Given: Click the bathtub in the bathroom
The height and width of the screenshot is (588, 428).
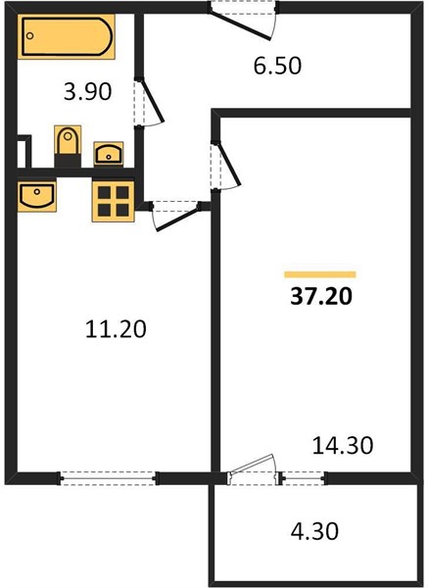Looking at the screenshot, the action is (x=66, y=37).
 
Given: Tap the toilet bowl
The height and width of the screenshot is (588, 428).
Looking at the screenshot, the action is (x=68, y=140).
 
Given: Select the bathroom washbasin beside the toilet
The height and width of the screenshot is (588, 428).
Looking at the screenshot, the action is (x=109, y=153).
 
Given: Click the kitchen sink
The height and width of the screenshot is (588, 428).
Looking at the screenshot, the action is (x=37, y=196).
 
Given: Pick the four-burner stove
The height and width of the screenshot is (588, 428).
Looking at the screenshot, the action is (x=114, y=201).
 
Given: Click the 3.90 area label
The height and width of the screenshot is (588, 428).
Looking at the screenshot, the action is (x=88, y=91).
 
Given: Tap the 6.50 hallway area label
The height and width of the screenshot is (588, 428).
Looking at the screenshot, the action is (x=277, y=66).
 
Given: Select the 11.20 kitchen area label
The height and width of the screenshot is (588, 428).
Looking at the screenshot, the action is (x=116, y=329).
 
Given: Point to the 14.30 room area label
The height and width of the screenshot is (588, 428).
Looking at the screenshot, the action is (x=343, y=445).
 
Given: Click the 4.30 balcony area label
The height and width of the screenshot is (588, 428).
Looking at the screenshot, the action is (x=314, y=531).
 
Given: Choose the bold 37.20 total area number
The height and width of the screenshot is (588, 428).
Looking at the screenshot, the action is (x=321, y=297).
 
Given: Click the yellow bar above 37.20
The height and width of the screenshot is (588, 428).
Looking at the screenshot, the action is (x=320, y=274).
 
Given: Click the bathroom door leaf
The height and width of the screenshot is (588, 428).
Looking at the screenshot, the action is (x=153, y=100).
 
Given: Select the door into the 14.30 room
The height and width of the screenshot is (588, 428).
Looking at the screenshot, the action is (x=229, y=164).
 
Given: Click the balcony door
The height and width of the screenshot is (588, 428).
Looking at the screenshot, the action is (x=252, y=468).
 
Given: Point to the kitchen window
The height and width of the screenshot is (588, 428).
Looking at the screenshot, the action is (x=108, y=478).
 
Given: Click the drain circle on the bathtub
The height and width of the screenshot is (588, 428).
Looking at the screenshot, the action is (x=30, y=36).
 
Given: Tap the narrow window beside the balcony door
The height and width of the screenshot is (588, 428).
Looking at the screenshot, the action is (x=303, y=478).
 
